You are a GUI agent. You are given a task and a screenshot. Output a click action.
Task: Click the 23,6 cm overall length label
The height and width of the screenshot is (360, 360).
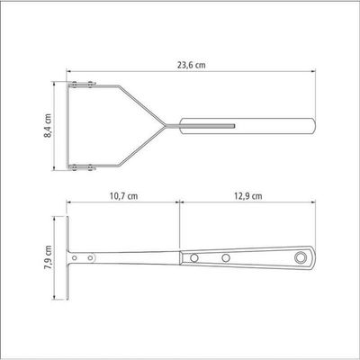coord(192,65)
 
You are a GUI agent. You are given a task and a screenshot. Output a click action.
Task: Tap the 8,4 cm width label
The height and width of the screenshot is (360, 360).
coord(48,126)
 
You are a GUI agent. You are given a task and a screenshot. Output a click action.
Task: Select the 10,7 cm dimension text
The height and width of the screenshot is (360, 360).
coord(124,196)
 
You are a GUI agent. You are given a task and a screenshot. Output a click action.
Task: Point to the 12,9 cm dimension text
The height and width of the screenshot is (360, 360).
coord(247,196)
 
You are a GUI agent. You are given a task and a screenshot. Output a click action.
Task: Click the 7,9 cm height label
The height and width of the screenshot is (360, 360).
coord(48,258)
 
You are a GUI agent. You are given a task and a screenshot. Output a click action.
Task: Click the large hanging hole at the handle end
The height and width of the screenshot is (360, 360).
coord(300,257)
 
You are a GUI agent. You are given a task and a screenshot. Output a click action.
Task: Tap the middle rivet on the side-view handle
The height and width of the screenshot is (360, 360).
coord(226,257)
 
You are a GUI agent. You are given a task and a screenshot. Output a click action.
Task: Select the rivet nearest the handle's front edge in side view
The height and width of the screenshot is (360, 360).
coord(194,257)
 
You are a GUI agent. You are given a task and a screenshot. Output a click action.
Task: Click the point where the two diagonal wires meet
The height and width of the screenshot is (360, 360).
coord(166,125)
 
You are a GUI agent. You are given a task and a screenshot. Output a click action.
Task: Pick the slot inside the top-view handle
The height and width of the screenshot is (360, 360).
coord(208,125)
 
